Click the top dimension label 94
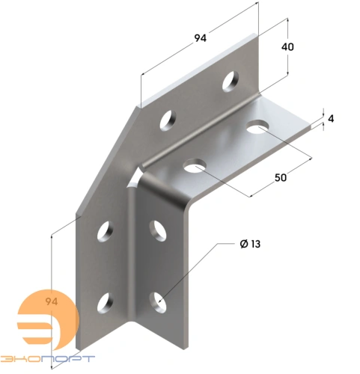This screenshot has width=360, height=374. coord(199,39)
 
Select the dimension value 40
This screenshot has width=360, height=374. coord(287,46)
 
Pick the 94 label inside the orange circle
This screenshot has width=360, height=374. coord(52,302)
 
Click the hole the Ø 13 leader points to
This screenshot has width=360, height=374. coord(159,301)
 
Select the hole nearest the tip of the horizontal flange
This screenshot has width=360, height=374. coord(258,127)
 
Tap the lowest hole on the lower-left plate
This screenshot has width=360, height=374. coord(104,303)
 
